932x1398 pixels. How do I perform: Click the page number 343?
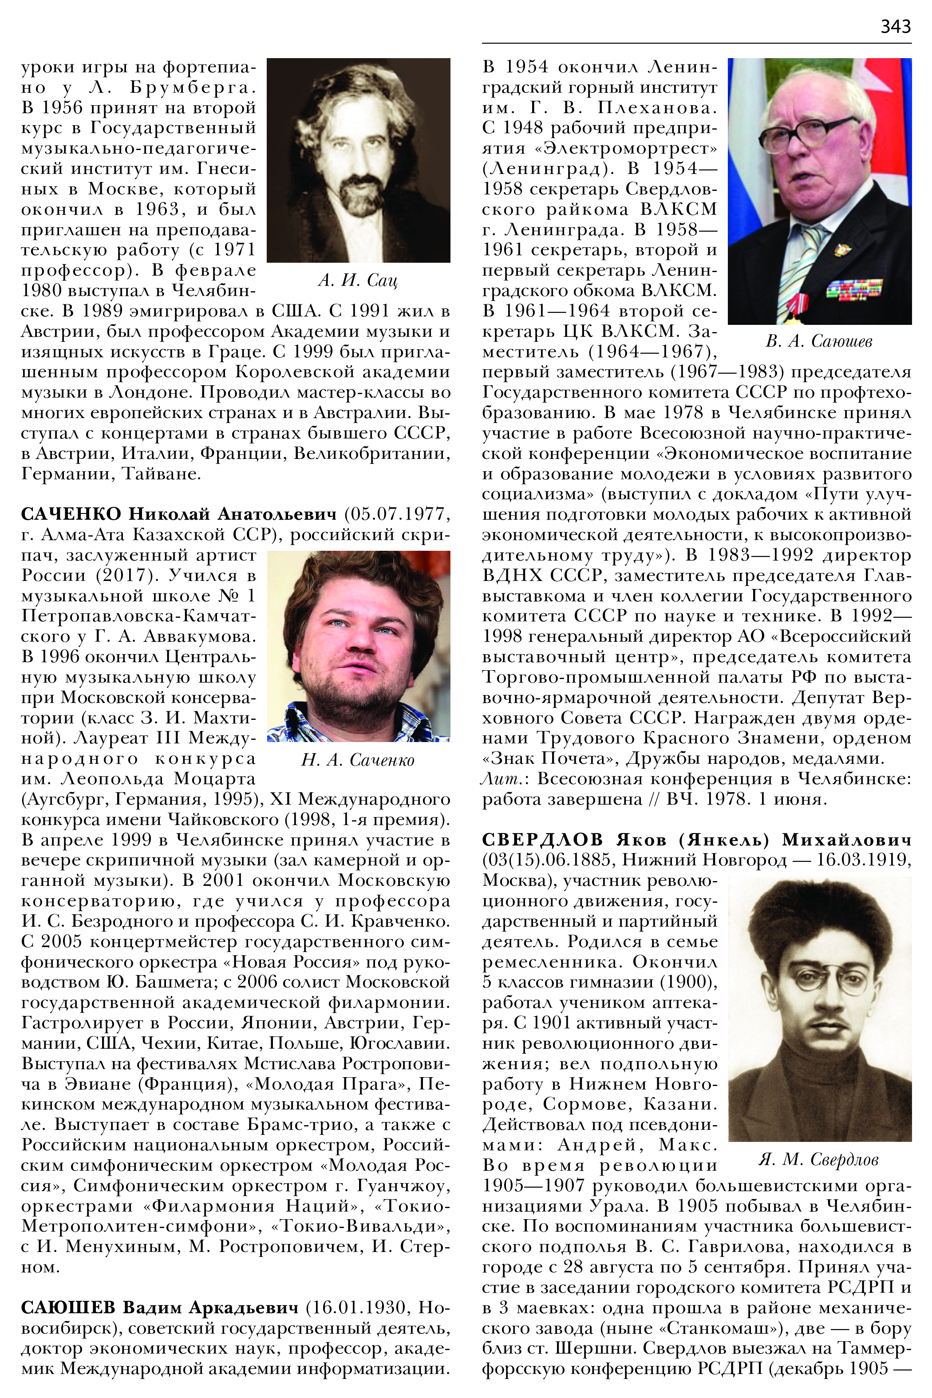click(895, 26)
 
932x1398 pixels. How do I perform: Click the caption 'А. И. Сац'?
click(358, 280)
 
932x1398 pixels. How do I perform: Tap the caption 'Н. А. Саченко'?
click(358, 760)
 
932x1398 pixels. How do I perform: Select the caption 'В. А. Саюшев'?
click(819, 341)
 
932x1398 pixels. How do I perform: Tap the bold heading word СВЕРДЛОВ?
click(544, 840)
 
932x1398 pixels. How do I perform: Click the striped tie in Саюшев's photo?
click(799, 261)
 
